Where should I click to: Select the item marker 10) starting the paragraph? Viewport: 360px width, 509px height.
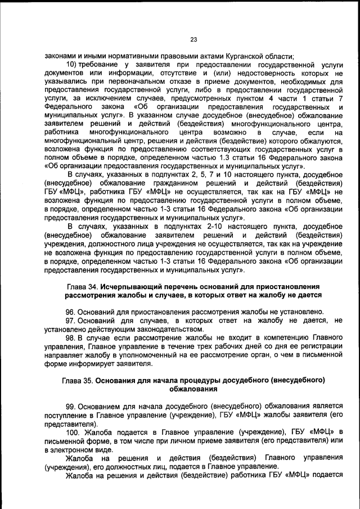(x=73, y=65)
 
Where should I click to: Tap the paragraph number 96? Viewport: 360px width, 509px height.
(x=71, y=311)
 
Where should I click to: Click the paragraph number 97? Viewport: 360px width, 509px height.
(x=71, y=319)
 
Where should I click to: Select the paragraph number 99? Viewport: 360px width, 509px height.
(x=71, y=406)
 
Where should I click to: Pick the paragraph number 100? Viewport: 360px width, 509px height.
(x=73, y=432)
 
